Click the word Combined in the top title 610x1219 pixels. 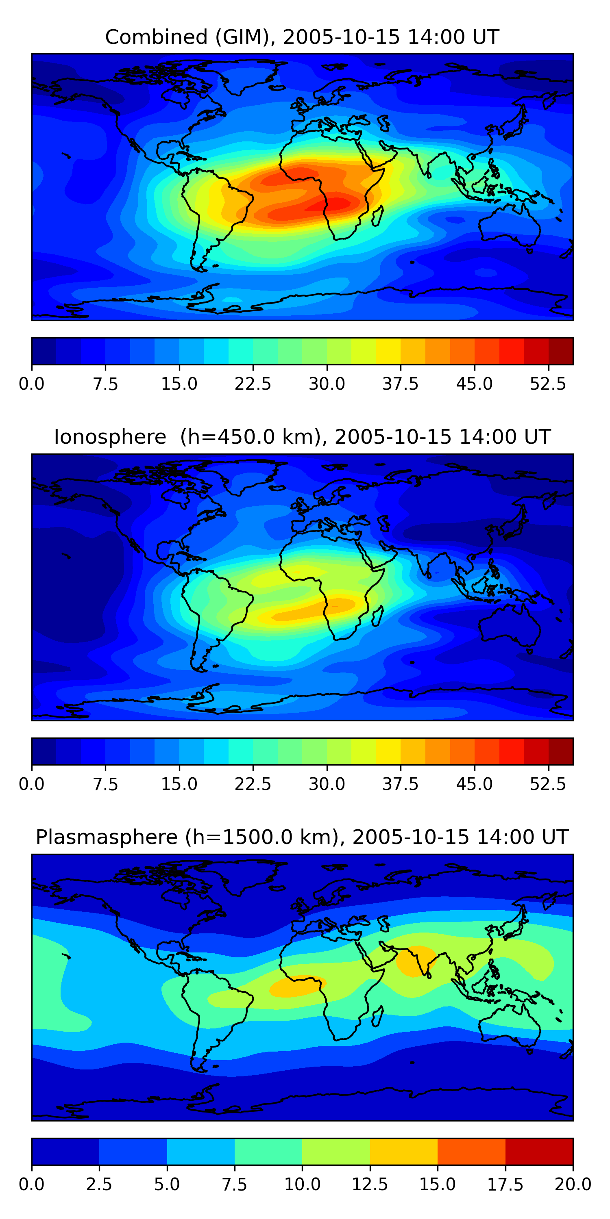[156, 37]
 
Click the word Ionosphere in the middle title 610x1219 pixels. [110, 437]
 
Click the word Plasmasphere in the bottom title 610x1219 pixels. [107, 837]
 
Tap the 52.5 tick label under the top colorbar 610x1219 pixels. [548, 384]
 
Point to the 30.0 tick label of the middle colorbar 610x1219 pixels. [327, 784]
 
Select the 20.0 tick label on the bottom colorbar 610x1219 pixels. [573, 1184]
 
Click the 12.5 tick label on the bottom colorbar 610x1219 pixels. [370, 1184]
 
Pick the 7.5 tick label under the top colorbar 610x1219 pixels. [105, 384]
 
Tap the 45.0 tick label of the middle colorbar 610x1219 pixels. [474, 784]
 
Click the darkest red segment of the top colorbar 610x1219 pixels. [561, 351]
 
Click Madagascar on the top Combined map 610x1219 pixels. [377, 216]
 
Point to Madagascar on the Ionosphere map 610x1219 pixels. [377, 616]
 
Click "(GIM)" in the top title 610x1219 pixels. [245, 37]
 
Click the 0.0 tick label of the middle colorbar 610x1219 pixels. [32, 784]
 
